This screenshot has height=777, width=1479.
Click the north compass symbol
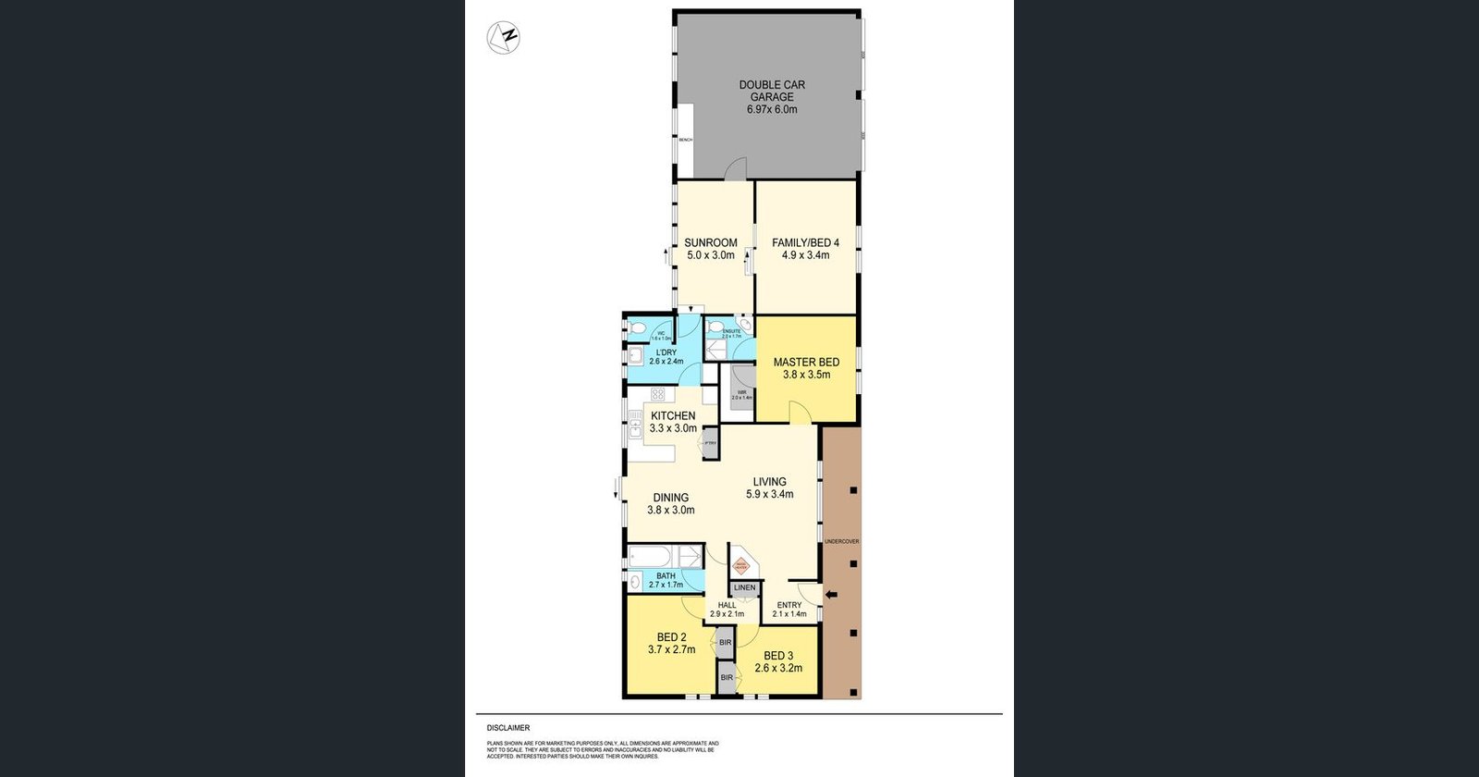(x=504, y=38)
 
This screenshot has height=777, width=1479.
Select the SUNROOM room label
(x=711, y=243)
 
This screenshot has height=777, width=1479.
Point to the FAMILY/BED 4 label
(x=805, y=243)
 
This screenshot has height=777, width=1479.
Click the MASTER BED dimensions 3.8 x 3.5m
(x=806, y=375)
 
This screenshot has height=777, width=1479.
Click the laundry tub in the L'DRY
(x=636, y=357)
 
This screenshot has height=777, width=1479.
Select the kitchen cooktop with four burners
(x=657, y=395)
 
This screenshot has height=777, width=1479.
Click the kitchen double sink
(x=636, y=427)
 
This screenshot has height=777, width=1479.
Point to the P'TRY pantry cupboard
(x=710, y=442)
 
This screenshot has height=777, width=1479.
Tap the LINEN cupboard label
(x=744, y=587)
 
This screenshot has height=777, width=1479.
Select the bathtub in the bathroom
(x=651, y=557)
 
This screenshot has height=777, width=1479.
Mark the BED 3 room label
(x=778, y=656)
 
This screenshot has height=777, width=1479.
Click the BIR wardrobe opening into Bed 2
(x=726, y=642)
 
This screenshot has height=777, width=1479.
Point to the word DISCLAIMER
(x=508, y=728)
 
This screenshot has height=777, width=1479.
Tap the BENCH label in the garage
(x=686, y=140)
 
